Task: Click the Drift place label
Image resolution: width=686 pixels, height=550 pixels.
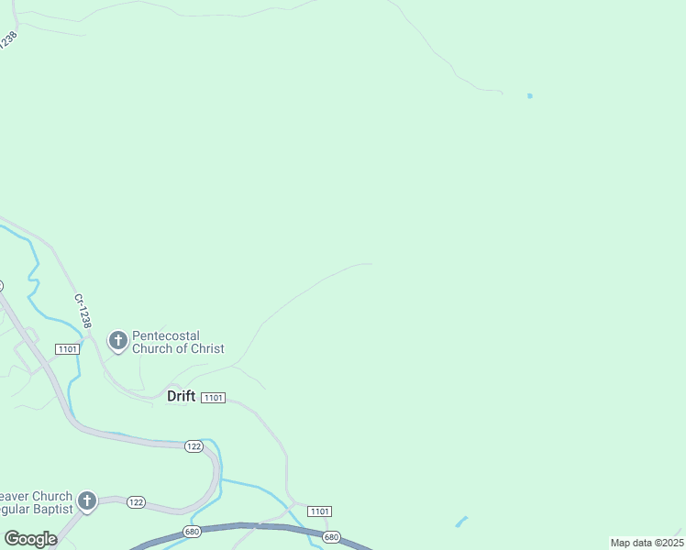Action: (x=181, y=396)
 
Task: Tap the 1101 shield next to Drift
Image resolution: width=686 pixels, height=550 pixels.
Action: (x=213, y=397)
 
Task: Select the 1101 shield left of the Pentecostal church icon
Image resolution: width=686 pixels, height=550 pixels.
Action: (x=67, y=349)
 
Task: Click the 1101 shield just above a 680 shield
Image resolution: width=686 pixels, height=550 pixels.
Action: (x=320, y=511)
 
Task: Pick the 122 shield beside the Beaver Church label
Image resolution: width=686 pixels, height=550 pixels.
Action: (x=136, y=501)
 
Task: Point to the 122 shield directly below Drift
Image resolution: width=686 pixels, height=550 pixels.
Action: (x=193, y=446)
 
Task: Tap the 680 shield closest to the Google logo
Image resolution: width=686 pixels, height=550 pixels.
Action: (x=192, y=531)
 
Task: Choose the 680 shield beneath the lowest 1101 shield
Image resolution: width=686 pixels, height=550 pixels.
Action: (x=332, y=536)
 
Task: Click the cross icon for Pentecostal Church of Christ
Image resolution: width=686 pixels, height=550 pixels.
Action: (x=117, y=341)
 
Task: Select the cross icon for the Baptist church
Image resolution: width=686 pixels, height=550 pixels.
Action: (x=87, y=500)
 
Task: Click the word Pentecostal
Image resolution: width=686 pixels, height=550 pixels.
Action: (x=166, y=335)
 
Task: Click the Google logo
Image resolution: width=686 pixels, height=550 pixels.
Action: (x=30, y=538)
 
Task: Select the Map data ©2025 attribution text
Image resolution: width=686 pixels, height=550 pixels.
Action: (x=647, y=543)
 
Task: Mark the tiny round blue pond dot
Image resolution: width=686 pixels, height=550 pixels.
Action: (x=529, y=95)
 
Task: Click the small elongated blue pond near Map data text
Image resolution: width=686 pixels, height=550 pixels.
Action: (x=460, y=522)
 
